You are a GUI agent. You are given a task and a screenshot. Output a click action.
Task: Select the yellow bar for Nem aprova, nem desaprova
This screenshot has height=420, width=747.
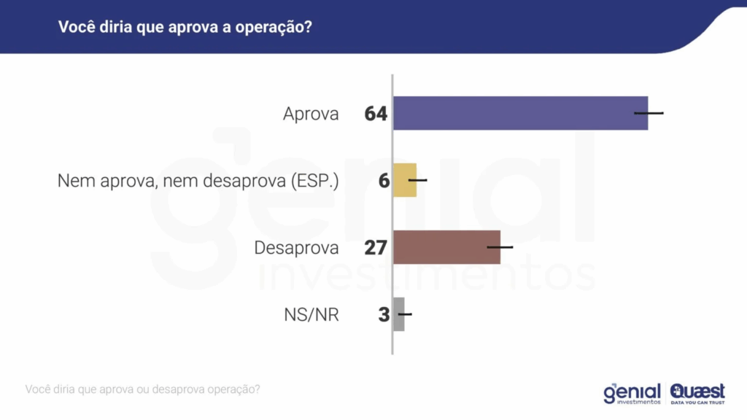coord(404,180)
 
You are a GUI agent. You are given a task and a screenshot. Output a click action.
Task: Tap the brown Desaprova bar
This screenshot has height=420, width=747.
coord(446,247)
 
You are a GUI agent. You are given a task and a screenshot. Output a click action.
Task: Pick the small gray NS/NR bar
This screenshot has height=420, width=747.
coord(398,314)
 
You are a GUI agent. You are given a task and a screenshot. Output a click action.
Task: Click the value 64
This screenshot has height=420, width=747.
coord(376,114)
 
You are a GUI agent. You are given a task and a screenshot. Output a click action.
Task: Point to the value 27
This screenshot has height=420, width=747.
coord(376,248)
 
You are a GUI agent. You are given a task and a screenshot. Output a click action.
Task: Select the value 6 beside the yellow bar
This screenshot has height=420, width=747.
coord(384,181)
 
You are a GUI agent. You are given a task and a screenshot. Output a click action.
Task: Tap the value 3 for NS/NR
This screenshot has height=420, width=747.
coord(384,315)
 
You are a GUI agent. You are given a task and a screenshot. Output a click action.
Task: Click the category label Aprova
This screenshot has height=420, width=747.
coord(311,114)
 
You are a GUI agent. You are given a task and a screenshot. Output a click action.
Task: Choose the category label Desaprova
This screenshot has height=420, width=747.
coord(296,248)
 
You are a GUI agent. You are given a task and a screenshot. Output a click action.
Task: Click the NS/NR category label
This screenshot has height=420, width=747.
coord(311,315)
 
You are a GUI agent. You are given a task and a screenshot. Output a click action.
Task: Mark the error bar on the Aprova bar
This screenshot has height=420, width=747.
coord(649,113)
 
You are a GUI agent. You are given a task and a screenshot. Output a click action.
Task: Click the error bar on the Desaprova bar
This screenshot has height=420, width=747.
coord(500,247)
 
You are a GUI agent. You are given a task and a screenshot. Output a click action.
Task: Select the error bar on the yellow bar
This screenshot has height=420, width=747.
coord(417,179)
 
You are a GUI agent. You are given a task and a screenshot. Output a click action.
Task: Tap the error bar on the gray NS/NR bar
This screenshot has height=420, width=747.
coord(404,314)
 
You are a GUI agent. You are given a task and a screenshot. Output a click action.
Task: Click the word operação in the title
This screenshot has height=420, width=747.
coord(279,28)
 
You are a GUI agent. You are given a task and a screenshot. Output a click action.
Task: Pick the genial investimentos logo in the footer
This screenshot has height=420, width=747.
coord(632,394)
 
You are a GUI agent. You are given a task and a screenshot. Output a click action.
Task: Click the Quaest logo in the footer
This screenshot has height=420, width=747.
coord(697,393)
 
